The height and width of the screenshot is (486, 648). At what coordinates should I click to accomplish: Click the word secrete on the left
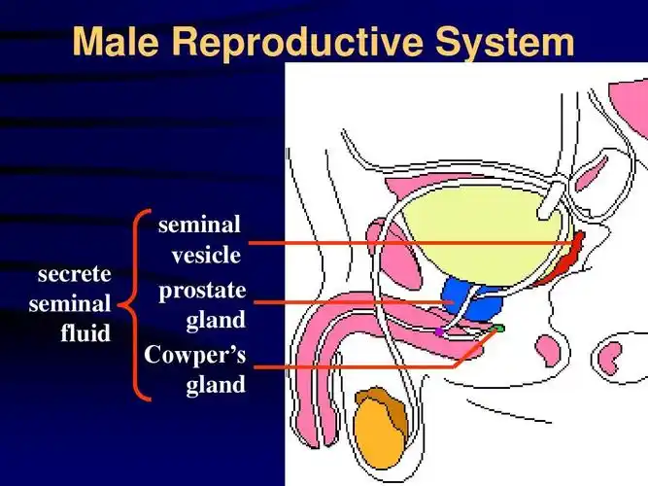(75, 274)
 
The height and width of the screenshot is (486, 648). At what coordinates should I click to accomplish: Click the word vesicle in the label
(205, 256)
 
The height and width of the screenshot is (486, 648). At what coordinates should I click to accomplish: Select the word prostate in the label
(202, 290)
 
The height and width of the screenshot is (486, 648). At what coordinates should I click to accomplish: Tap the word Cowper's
(195, 355)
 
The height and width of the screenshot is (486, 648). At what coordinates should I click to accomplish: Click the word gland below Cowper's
(216, 385)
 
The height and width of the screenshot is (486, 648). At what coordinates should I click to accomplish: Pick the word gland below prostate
(216, 319)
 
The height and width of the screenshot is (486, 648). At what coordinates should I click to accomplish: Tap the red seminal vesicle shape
(563, 261)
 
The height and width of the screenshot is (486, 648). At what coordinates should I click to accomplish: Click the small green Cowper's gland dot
(500, 330)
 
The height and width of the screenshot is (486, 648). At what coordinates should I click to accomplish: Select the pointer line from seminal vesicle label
(408, 242)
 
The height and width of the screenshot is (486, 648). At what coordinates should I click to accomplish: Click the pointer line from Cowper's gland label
(350, 366)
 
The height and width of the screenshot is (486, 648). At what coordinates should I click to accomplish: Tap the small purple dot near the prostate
(439, 331)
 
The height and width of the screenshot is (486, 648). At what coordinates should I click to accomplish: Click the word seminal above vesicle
(199, 226)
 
